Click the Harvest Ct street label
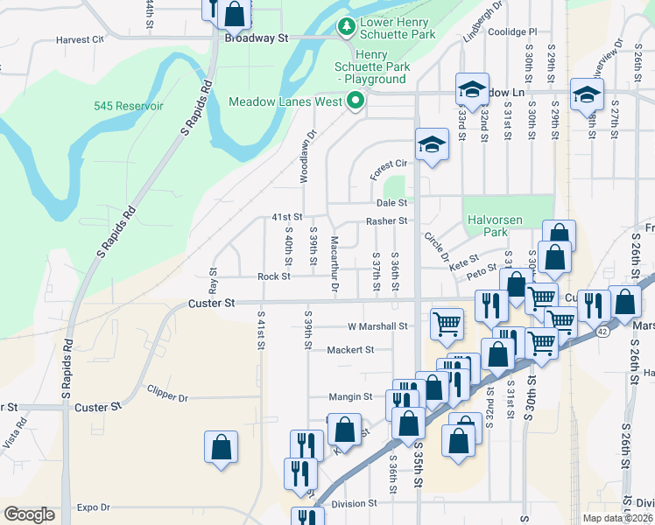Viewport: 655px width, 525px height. click(80, 39)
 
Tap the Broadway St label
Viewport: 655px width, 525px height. click(257, 38)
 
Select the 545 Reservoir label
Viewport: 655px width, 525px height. click(129, 106)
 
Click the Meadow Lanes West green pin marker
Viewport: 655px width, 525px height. click(356, 101)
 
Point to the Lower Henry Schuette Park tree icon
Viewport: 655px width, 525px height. click(347, 28)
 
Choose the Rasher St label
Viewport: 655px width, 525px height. click(386, 221)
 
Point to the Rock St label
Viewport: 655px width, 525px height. click(273, 276)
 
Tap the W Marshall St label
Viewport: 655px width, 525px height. click(378, 325)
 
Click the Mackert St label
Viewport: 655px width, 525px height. click(350, 349)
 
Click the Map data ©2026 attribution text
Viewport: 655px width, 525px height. click(617, 518)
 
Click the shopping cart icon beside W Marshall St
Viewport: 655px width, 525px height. click(447, 322)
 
